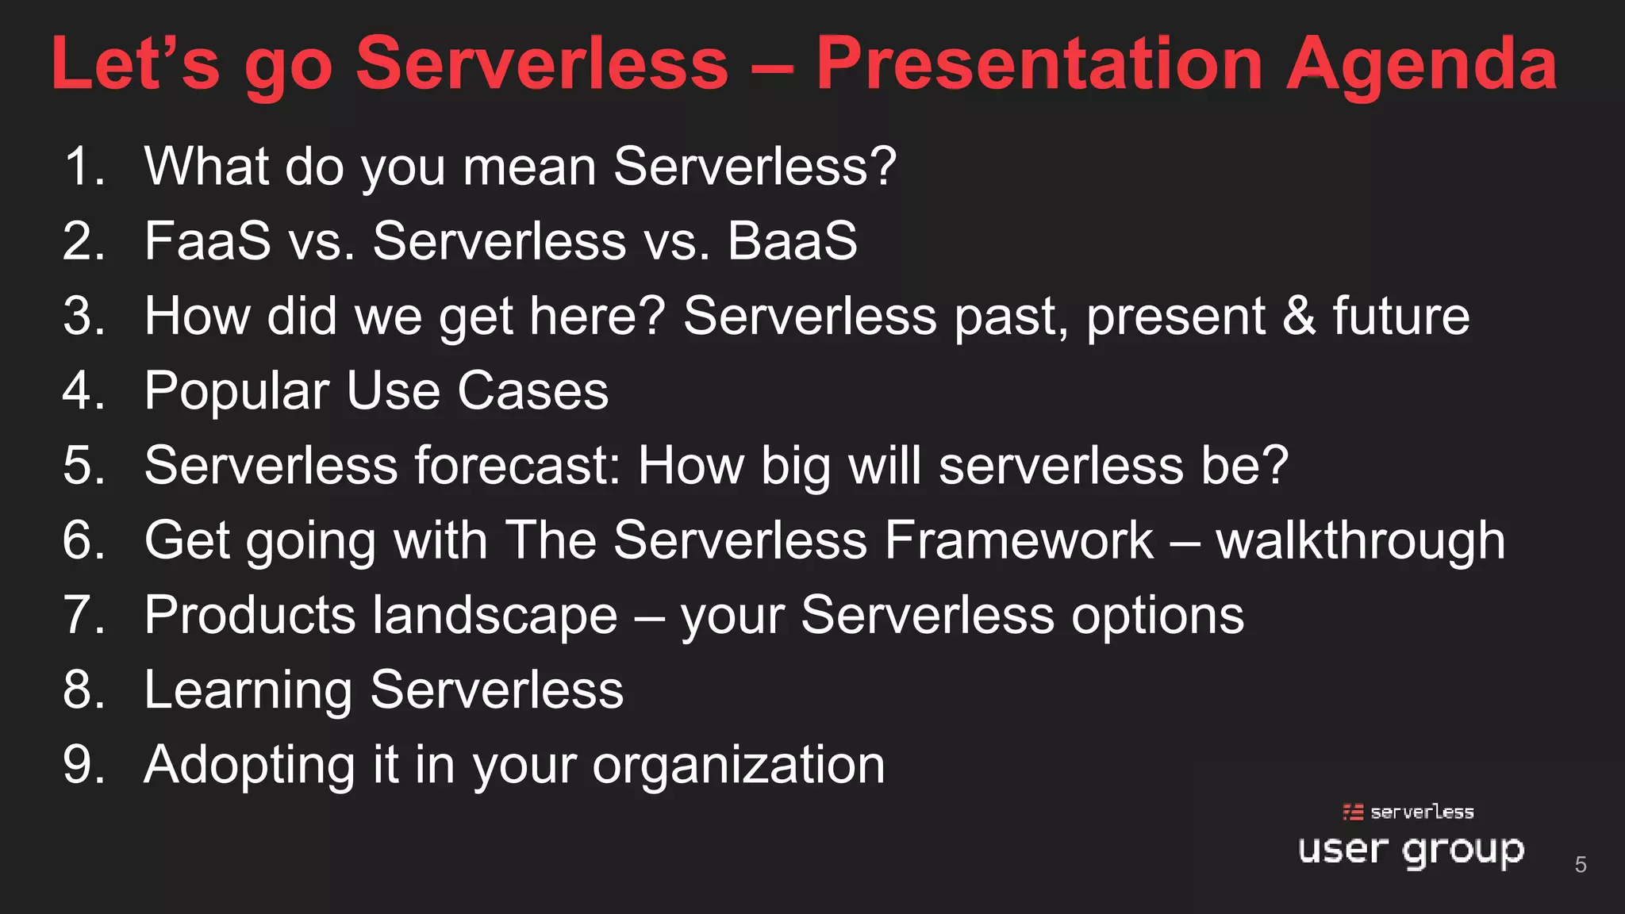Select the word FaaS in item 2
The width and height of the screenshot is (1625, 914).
[207, 240]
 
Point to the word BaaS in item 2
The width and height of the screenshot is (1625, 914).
[792, 240]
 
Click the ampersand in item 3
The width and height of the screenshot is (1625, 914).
[1299, 316]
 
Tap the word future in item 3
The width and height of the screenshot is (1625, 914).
[1400, 316]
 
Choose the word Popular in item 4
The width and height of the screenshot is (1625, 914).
[236, 391]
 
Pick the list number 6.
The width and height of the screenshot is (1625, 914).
[83, 540]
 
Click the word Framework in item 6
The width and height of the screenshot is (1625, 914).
[1019, 540]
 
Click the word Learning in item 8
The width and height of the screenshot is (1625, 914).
[248, 690]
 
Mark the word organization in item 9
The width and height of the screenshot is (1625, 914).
[738, 766]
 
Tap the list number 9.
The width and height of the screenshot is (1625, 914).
[83, 765]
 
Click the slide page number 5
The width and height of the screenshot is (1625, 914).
[1581, 864]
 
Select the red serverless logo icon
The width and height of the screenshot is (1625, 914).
[1353, 812]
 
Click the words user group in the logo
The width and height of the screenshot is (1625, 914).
[1411, 851]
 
